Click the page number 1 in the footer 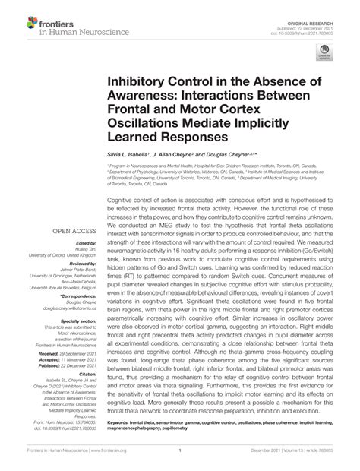click(179, 459)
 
